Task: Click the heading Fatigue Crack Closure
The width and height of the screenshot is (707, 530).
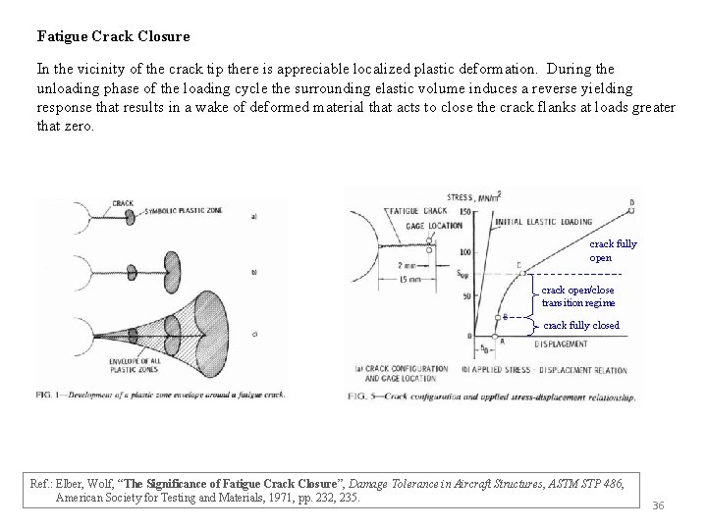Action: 113,36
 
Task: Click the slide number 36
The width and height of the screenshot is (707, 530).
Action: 659,504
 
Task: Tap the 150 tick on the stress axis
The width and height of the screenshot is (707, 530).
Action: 465,211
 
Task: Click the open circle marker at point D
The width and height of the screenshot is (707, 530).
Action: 630,210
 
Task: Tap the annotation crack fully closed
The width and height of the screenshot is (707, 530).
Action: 581,325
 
